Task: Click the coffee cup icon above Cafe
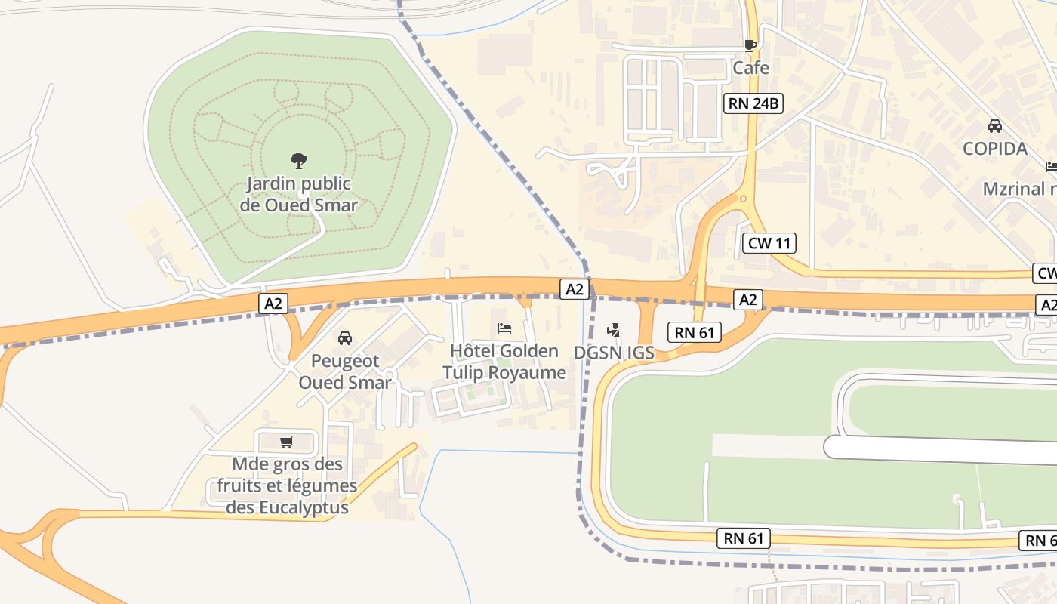point(750,45)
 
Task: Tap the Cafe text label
point(751,68)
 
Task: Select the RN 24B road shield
point(753,103)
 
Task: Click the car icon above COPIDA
point(995,125)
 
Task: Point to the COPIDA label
point(995,149)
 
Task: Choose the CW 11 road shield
point(769,243)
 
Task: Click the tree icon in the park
point(299,160)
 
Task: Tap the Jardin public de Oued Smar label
point(299,194)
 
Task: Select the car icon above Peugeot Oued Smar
point(345,337)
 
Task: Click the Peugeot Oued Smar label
point(345,371)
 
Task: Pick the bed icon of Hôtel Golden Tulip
point(504,328)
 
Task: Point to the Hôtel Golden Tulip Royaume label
point(504,362)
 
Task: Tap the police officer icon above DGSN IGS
point(613,330)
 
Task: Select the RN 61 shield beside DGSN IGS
point(695,332)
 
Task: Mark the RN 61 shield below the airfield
point(744,538)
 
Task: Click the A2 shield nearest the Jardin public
point(273,304)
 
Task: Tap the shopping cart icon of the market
point(286,442)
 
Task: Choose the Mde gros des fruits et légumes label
point(287,485)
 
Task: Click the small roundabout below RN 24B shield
point(744,199)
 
